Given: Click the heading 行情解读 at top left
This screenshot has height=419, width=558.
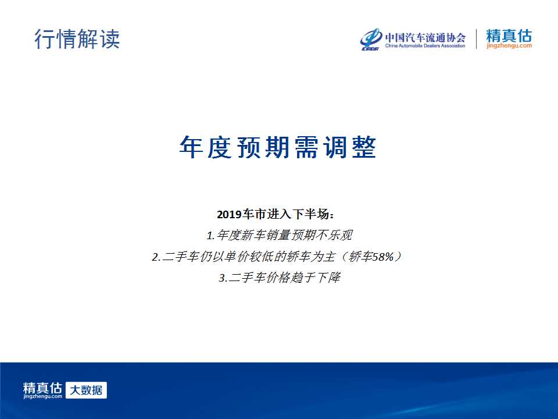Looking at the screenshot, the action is tap(77, 39).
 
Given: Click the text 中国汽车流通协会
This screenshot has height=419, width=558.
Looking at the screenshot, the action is tap(425, 37).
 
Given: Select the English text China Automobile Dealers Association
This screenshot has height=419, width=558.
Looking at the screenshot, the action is tap(425, 46).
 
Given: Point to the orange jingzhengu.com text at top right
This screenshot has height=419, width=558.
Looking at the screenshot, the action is tap(509, 45).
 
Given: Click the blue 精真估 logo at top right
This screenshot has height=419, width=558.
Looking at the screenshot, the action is tap(509, 35).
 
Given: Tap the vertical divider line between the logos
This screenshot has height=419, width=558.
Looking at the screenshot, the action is tap(476, 39).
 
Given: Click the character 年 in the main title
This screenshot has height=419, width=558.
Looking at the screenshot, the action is tap(191, 147).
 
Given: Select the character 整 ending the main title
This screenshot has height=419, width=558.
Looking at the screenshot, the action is tap(364, 147).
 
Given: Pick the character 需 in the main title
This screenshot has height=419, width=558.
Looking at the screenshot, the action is tap(306, 147).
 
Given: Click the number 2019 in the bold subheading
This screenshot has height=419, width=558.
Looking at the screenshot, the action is tap(229, 215).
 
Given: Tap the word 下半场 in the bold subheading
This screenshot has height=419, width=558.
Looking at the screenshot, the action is tap(310, 214).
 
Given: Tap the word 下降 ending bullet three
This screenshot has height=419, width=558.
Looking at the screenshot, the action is tap(329, 278).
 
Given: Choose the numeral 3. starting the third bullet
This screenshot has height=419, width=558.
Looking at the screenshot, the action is tap(223, 278).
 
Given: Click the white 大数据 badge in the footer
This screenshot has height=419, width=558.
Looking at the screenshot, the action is tap(86, 390).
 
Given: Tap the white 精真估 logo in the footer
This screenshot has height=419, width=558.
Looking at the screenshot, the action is tap(42, 390).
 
